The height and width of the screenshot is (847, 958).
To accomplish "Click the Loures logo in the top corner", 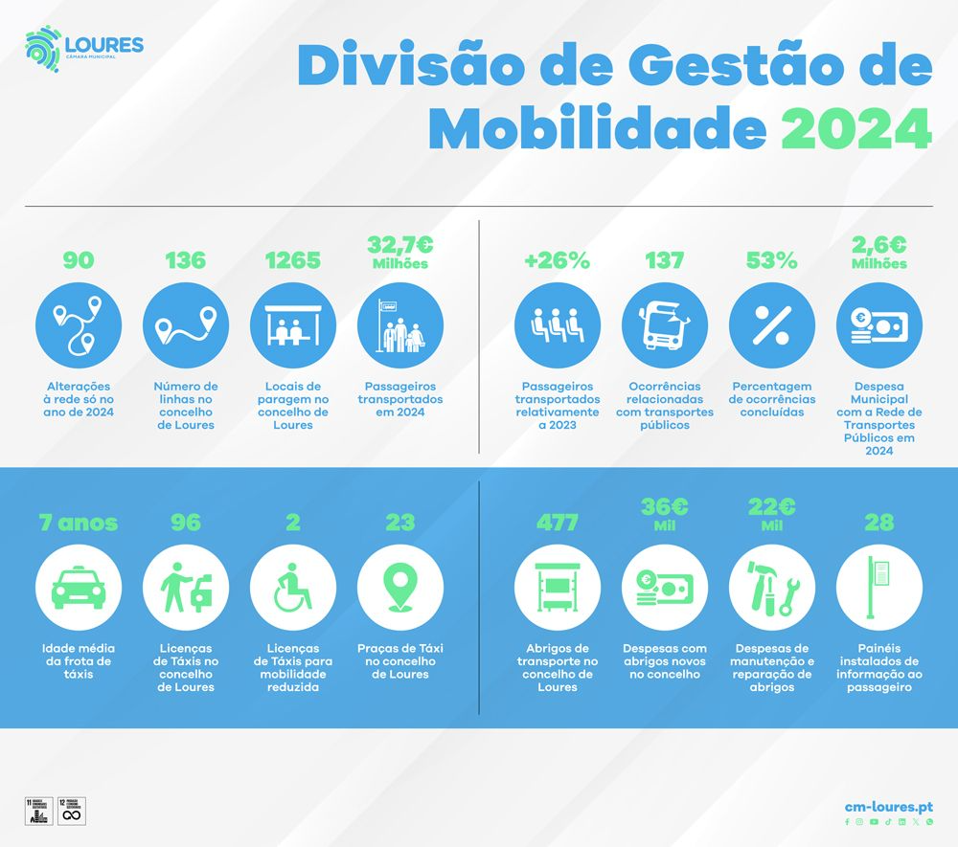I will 83,51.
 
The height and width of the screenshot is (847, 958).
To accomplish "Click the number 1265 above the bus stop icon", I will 292,260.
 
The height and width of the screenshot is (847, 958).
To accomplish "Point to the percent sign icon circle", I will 771,326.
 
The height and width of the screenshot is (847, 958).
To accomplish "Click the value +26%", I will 558,260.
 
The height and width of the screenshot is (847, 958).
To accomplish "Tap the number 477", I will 558,523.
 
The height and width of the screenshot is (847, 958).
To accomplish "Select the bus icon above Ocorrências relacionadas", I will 665,326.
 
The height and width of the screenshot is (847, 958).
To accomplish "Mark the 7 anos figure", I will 78,523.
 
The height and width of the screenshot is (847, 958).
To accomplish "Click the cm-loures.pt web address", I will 888,807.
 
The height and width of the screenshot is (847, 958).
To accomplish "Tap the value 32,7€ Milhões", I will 399,253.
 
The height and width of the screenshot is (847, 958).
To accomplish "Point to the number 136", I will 185,260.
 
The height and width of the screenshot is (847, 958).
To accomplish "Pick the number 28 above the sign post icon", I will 878,523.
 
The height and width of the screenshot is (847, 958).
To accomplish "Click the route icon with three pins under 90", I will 78,326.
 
